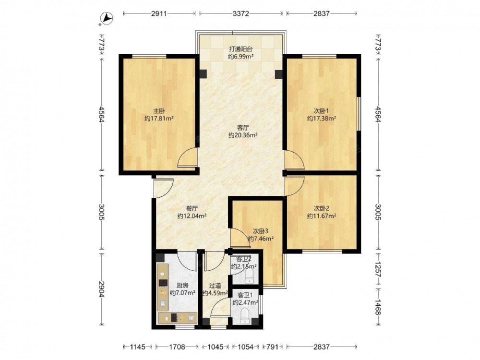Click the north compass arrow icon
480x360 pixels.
coord(107,18)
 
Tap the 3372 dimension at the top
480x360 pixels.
coord(241,13)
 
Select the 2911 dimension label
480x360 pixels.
coord(158,13)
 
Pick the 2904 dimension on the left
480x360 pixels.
coord(102,289)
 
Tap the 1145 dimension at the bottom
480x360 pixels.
coord(137,347)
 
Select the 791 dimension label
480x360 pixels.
coord(273,347)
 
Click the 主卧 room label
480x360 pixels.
coord(159,111)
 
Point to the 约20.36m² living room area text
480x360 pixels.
coord(243,135)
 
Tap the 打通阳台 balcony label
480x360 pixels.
coord(241,49)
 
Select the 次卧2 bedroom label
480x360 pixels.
coord(322,208)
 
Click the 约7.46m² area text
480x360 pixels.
coord(261,239)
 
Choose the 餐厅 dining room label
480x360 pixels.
coord(192,208)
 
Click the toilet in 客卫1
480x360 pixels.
coord(245,316)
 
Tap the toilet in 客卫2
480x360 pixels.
coord(250,275)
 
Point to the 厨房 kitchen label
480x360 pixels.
coord(182,285)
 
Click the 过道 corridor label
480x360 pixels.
coord(215,285)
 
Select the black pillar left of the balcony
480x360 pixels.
coord(203,74)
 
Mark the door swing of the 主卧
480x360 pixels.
coord(187,157)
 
